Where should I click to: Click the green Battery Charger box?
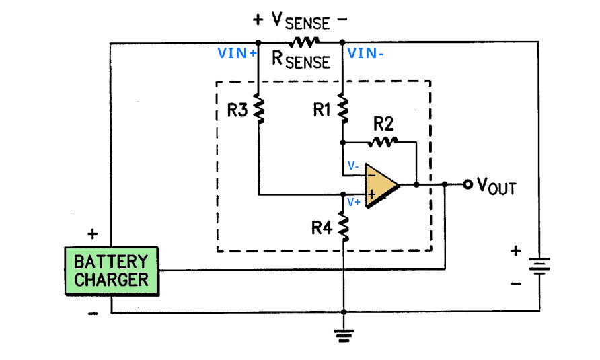click(x=112, y=271)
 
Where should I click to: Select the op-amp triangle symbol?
click(x=382, y=186)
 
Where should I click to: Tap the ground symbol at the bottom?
click(x=344, y=336)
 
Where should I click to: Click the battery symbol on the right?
click(x=539, y=266)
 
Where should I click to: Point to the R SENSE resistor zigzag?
click(x=304, y=42)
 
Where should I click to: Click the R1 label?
click(x=322, y=110)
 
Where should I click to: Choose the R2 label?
click(x=383, y=124)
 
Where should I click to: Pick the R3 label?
click(x=237, y=110)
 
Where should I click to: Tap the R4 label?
click(x=322, y=228)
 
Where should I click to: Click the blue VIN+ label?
click(x=237, y=53)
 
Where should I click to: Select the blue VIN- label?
click(x=365, y=53)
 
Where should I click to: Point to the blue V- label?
click(x=353, y=166)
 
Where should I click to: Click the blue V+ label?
click(x=354, y=202)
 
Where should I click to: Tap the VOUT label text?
click(x=496, y=186)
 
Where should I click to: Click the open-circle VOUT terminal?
click(x=467, y=184)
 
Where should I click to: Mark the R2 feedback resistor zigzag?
click(x=383, y=142)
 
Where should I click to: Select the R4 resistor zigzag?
click(x=344, y=227)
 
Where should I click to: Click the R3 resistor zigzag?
click(x=259, y=110)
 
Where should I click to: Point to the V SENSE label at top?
click(x=301, y=21)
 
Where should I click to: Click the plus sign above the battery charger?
click(x=93, y=233)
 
